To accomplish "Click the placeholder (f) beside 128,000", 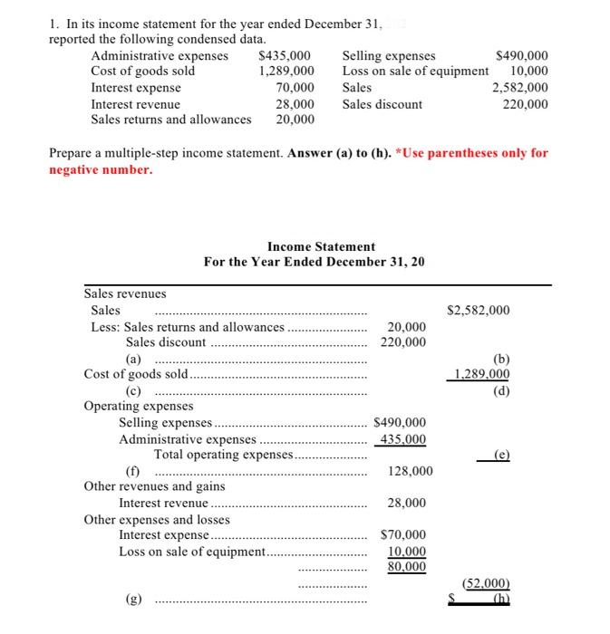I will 133,471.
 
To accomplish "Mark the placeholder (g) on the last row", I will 133,599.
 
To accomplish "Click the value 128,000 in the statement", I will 410,471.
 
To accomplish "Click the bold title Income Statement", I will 321,246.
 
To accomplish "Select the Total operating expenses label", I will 223,455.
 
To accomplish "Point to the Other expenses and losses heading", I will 157,520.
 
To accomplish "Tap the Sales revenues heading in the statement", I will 125,293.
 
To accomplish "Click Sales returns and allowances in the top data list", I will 171,120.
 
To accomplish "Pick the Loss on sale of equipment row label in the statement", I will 192,552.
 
